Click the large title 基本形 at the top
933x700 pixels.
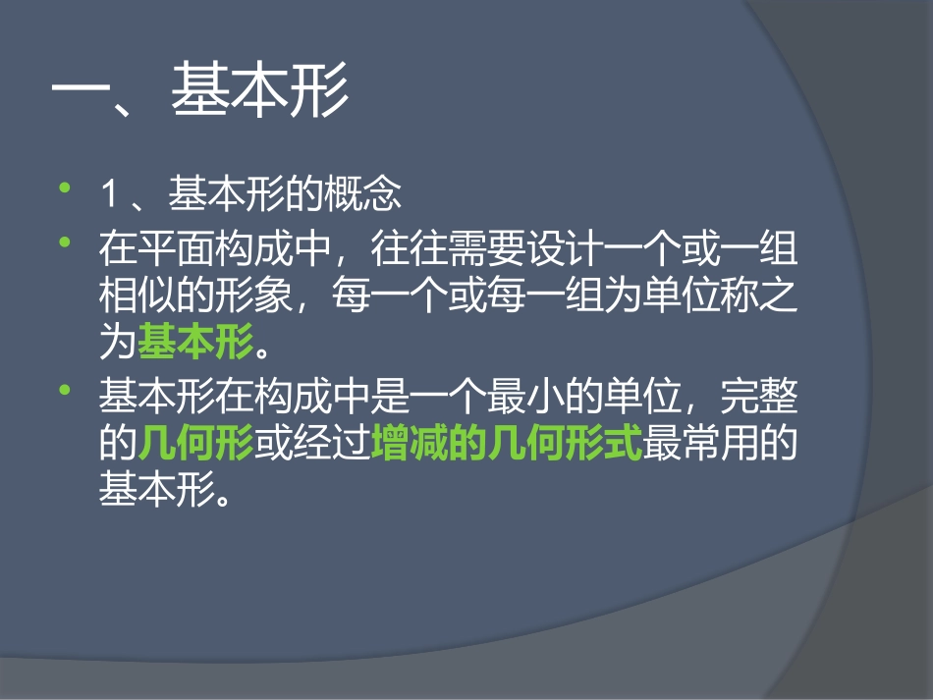pyautogui.click(x=259, y=94)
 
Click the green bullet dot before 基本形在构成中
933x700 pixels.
pyautogui.click(x=66, y=391)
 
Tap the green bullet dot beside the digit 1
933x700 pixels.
pyautogui.click(x=66, y=186)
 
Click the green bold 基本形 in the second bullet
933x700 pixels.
pyautogui.click(x=194, y=343)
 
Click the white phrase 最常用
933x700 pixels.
pyautogui.click(x=700, y=446)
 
